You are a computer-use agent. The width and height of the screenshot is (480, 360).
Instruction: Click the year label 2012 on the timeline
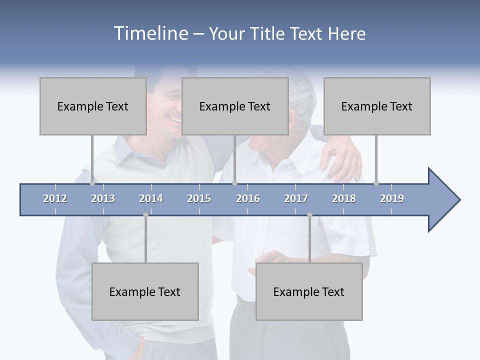tap(55, 198)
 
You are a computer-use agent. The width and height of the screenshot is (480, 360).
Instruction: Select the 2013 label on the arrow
tap(103, 198)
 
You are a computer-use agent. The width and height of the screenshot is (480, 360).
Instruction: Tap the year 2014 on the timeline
tap(151, 198)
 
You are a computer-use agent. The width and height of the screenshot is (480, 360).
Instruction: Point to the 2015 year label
tap(199, 198)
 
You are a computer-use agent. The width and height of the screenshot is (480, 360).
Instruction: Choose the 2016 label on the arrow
tap(248, 198)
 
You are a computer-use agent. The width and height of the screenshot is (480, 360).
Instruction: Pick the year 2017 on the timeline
tap(296, 198)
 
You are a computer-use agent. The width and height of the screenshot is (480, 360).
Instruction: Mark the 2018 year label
tap(344, 198)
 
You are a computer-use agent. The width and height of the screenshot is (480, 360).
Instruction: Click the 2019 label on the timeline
tap(392, 198)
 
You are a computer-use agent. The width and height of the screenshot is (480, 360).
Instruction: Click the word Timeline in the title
tap(150, 33)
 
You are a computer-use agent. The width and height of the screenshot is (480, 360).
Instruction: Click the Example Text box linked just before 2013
tap(93, 106)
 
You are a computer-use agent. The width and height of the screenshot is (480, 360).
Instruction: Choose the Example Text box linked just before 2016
tap(235, 106)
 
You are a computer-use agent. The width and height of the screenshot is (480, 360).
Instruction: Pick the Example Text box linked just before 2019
tap(377, 106)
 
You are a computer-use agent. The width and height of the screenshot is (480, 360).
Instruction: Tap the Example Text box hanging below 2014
tap(145, 291)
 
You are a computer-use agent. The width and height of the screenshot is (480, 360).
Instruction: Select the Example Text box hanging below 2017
tap(309, 291)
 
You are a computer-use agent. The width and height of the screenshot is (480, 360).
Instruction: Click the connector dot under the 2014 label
tap(145, 215)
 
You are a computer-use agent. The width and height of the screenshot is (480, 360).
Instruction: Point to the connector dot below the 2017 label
tap(309, 215)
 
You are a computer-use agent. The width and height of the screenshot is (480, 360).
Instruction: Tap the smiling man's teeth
tap(174, 119)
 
